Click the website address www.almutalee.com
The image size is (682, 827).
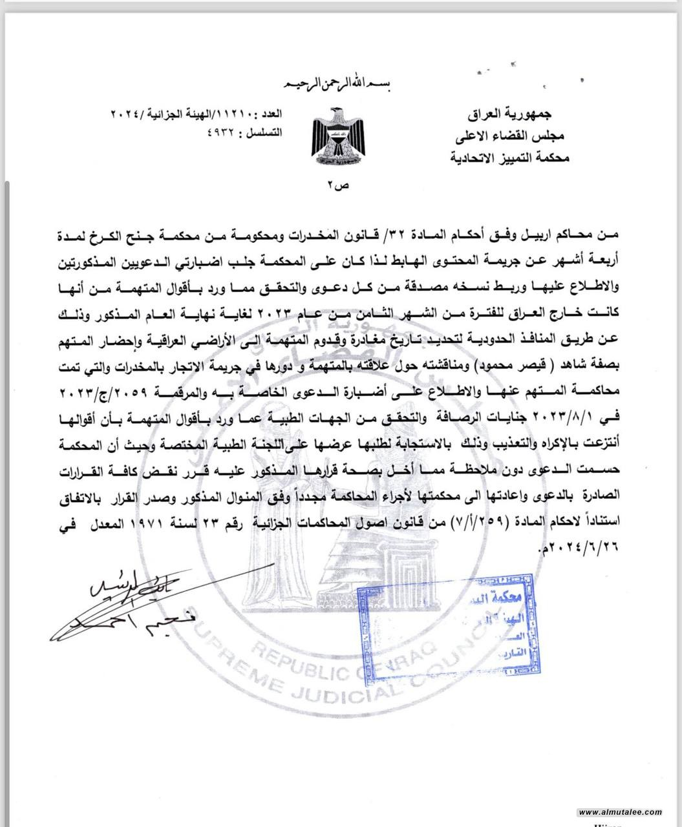point(619,812)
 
